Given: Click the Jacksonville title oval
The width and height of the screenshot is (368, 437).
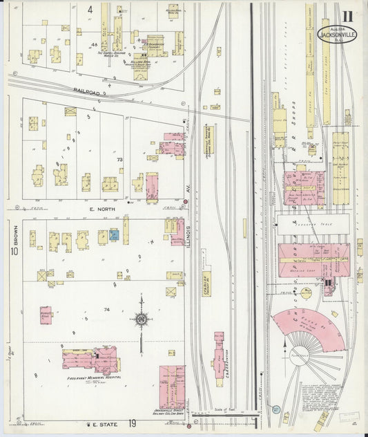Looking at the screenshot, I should pos(337,34).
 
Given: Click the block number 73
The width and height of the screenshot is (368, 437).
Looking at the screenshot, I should pos(119,160).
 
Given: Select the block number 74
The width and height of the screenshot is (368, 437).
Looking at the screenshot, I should pos(106,309).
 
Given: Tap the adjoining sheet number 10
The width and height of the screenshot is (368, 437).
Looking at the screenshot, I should pos(14,252).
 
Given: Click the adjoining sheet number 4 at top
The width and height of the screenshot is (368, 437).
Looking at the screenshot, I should pos(90,10).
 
